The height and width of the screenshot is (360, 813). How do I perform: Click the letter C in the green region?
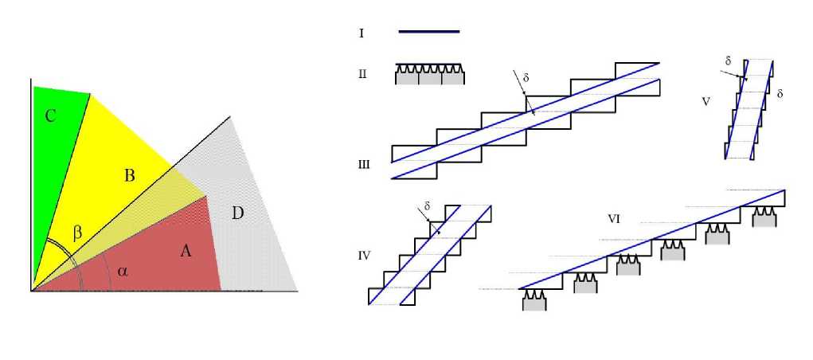point(50,116)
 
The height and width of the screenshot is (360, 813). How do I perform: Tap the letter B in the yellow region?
point(130,176)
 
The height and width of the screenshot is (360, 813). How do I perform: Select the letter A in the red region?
point(186,251)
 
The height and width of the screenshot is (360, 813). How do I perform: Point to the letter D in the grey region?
point(237,213)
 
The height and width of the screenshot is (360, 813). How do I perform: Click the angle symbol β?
point(77,233)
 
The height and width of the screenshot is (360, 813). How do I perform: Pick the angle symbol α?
point(123,271)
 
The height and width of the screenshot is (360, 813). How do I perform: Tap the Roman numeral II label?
point(362,74)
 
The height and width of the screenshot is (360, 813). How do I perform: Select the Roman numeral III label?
point(364,165)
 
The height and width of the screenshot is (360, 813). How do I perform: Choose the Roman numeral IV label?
point(363,256)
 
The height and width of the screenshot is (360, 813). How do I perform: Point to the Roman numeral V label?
point(706,102)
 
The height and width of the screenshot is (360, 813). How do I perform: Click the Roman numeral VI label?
point(615,218)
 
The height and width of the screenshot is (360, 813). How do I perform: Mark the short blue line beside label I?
point(428,31)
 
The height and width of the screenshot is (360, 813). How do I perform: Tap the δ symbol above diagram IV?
point(428,206)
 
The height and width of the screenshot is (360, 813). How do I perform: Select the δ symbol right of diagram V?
point(780,94)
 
